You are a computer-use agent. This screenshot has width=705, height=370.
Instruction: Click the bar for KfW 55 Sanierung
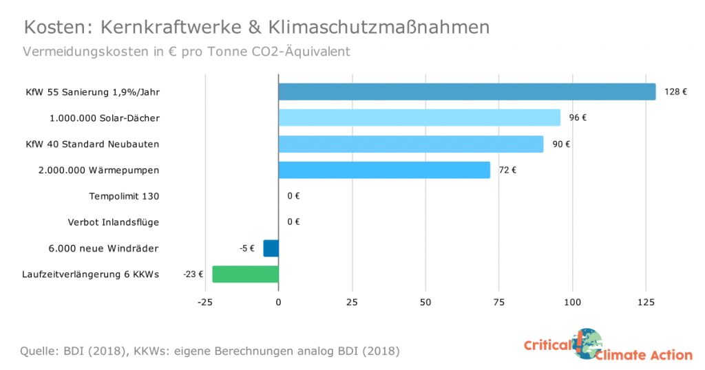(x=467, y=91)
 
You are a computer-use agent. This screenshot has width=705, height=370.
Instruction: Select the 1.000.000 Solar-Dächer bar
(x=419, y=118)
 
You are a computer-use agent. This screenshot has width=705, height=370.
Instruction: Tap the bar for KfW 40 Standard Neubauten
(x=410, y=144)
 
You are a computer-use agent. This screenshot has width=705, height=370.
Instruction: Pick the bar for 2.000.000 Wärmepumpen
(x=384, y=170)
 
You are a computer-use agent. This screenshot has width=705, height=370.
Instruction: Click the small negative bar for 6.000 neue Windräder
(x=271, y=248)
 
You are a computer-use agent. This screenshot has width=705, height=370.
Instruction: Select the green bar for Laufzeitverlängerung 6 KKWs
(x=245, y=274)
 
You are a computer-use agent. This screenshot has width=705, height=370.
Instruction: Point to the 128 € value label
(x=675, y=91)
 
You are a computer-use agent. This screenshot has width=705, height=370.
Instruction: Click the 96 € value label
(x=578, y=118)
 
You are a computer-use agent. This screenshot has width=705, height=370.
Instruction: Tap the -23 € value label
(x=193, y=274)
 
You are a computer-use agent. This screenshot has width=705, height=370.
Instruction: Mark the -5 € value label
(x=246, y=248)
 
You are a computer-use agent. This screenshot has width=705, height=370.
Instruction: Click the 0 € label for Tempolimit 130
(x=293, y=196)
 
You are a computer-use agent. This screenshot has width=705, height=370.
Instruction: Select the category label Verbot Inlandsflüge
(x=114, y=222)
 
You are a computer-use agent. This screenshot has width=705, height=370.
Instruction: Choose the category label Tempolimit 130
(x=124, y=196)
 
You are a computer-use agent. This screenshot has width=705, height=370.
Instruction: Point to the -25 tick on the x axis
(x=204, y=302)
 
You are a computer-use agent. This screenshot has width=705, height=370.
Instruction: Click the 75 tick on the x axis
(x=499, y=302)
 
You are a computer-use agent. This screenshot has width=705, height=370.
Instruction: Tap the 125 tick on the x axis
(x=646, y=302)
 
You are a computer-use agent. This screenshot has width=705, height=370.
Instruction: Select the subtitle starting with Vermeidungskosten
(x=187, y=52)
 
